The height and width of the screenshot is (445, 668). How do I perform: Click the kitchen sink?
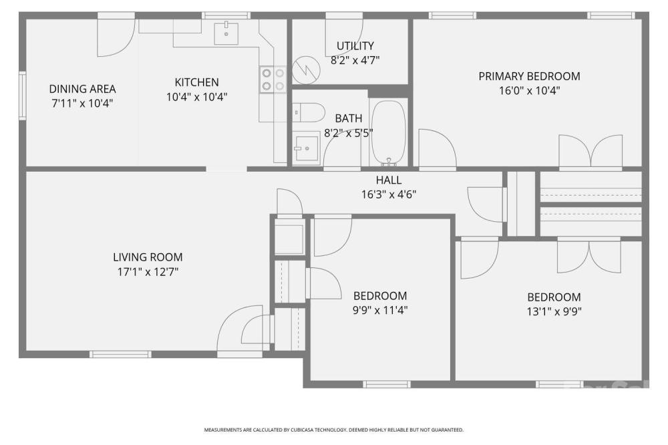pos(226,33)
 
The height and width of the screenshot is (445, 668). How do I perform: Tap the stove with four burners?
pos(273,80)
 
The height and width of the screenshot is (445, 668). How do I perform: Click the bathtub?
pos(389,132)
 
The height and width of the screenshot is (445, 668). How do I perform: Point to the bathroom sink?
pos(307,149)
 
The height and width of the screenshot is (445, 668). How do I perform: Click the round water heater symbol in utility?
pos(307,70)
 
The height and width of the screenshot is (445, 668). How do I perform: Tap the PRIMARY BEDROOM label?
pos(529,76)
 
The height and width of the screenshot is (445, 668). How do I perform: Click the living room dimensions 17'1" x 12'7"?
pos(148,271)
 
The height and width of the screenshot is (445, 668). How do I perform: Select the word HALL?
pos(389,180)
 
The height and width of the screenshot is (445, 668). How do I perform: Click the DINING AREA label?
pos(82,89)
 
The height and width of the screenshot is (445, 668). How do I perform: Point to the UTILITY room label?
pos(355,45)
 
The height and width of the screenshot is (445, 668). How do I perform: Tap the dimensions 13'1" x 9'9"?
pos(554,311)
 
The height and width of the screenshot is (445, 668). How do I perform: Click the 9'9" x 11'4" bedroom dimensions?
pos(380,310)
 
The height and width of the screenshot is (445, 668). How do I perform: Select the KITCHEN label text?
pos(197,82)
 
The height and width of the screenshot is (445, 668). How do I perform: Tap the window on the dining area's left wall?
pos(22,96)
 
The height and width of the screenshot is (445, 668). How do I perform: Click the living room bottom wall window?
pos(120,354)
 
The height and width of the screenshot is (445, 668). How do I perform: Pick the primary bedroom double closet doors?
pos(591,151)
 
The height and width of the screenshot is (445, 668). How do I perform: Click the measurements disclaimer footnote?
pos(333,430)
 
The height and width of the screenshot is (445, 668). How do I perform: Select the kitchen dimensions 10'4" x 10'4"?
pos(197,97)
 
